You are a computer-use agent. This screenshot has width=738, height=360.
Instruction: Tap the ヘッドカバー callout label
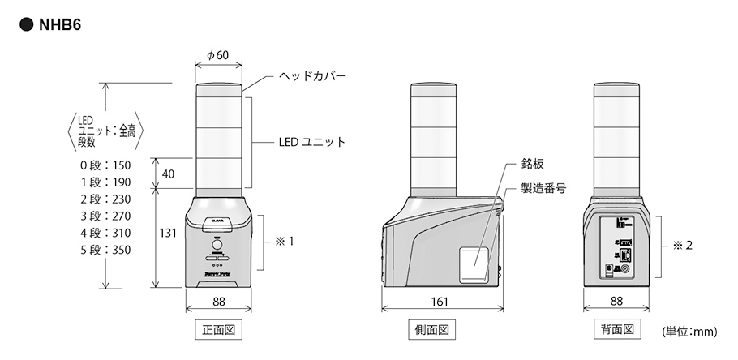click(312, 76)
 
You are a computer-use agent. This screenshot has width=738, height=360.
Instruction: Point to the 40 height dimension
click(169, 174)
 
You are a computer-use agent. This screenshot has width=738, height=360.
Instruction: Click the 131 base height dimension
click(168, 233)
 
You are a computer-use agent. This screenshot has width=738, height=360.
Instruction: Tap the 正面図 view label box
click(219, 330)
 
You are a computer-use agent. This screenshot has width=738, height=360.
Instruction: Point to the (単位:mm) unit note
click(691, 332)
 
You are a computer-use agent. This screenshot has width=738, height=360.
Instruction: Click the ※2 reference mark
click(682, 243)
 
